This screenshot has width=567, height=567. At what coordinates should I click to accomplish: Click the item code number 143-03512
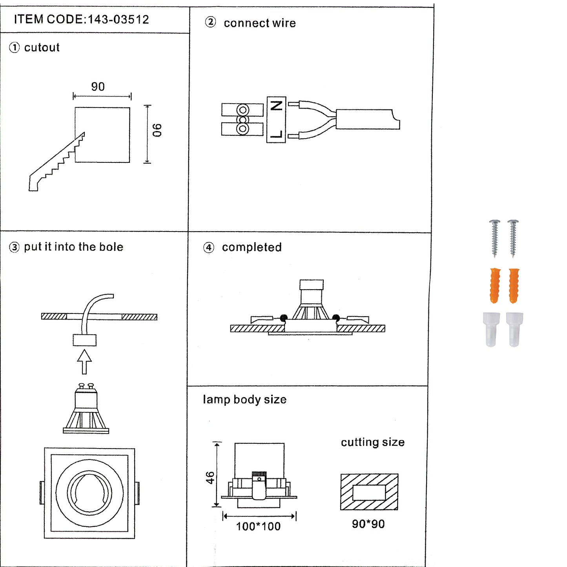(118, 20)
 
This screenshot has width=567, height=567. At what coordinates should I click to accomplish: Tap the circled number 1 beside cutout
(14, 48)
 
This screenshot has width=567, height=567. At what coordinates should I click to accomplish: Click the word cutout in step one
(42, 48)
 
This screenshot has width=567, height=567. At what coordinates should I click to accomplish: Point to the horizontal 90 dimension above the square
(98, 87)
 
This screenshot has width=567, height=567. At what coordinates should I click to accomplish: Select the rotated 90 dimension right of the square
(157, 130)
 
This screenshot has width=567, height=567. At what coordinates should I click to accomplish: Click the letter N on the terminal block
(277, 106)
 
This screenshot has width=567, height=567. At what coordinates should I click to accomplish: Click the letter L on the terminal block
(277, 134)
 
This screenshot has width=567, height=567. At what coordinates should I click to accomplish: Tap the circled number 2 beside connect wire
(210, 22)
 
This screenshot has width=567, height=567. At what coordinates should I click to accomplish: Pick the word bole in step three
(111, 247)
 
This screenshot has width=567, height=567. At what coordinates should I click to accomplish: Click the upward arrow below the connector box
(84, 361)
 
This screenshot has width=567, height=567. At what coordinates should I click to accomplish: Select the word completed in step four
(252, 247)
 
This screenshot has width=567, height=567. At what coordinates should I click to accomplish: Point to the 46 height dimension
(210, 478)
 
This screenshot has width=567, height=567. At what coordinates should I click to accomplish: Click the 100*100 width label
(258, 527)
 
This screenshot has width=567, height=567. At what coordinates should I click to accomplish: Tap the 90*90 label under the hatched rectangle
(368, 524)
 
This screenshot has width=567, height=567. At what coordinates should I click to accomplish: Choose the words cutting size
(372, 442)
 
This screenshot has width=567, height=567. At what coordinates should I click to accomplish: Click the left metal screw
(494, 238)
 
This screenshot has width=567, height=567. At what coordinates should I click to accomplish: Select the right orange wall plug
(514, 286)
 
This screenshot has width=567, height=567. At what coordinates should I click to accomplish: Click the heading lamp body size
(244, 399)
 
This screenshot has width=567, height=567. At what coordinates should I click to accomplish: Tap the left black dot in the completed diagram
(284, 317)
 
